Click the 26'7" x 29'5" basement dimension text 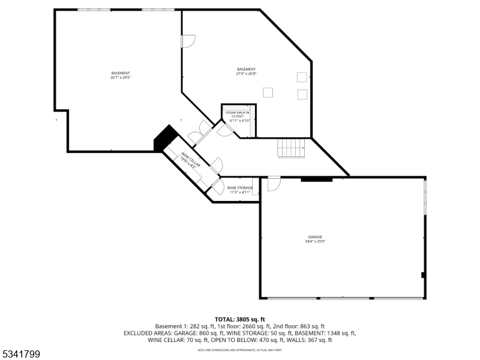121,77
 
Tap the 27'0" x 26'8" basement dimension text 246,74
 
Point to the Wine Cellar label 188,161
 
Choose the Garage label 315,237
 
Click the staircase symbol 292,148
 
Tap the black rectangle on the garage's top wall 316,178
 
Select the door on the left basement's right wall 188,42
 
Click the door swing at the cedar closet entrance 224,130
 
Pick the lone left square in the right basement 268,92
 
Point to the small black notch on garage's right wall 424,275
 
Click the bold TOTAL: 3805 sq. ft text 240,319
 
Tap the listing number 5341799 21,355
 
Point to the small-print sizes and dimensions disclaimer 240,349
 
